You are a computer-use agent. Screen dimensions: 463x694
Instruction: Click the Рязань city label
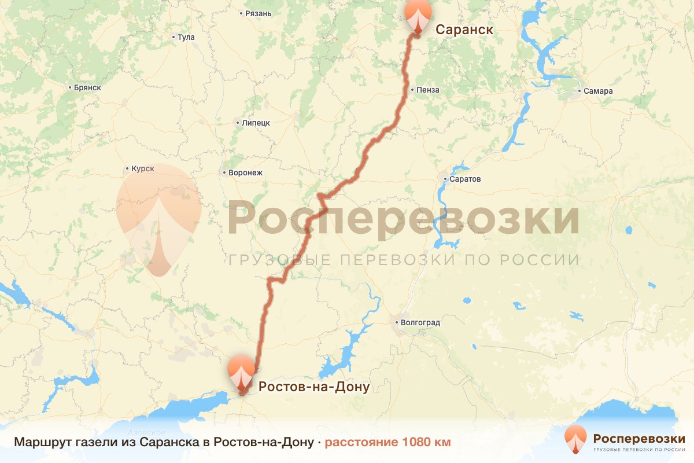pos(258,13)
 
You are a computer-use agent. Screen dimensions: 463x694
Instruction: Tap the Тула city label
pos(186,38)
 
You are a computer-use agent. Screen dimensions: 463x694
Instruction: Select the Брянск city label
pos(88,87)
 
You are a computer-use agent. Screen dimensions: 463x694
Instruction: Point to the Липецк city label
pos(256,123)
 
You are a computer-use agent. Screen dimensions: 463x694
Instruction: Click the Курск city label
pos(143,169)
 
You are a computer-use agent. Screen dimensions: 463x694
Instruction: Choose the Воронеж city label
pos(246,172)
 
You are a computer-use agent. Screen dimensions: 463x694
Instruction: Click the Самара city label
pos(598,91)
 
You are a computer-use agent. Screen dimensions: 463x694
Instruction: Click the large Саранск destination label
pos(464,30)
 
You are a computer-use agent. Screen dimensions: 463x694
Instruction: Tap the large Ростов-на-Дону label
pos(313,387)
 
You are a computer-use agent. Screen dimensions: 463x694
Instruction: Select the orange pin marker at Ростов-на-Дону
pos(241,371)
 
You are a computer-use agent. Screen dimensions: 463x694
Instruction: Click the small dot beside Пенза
pos(411,90)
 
